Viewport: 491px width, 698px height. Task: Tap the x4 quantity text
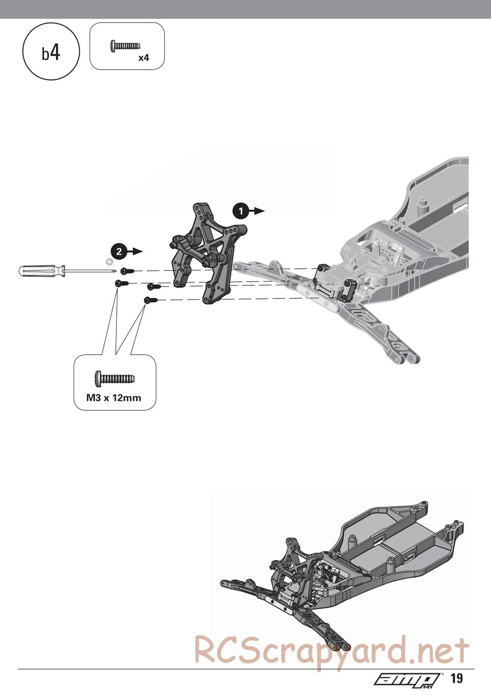[144, 58]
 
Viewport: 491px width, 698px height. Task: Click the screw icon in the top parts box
[125, 46]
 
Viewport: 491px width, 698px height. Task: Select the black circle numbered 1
[241, 211]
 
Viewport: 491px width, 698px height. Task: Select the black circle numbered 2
[119, 252]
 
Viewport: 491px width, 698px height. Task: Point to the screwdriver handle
[41, 270]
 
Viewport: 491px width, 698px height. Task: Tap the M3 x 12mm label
[113, 398]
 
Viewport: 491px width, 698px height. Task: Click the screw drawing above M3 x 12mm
[114, 378]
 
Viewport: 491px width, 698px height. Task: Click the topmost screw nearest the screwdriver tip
[127, 271]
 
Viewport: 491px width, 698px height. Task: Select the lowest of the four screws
[151, 300]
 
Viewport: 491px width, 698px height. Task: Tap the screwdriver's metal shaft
[91, 270]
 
